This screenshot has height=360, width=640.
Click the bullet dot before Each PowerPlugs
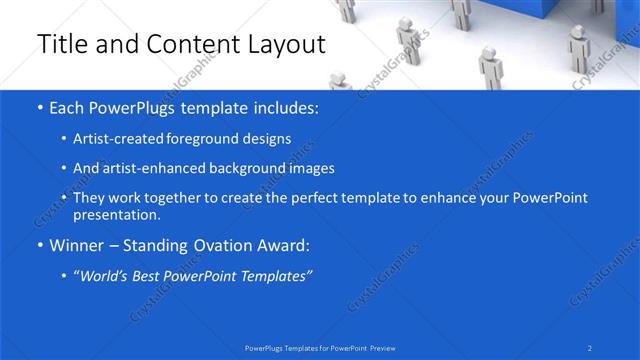pyautogui.click(x=39, y=106)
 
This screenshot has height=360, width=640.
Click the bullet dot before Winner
pyautogui.click(x=39, y=244)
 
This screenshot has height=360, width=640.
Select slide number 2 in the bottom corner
pyautogui.click(x=590, y=348)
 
